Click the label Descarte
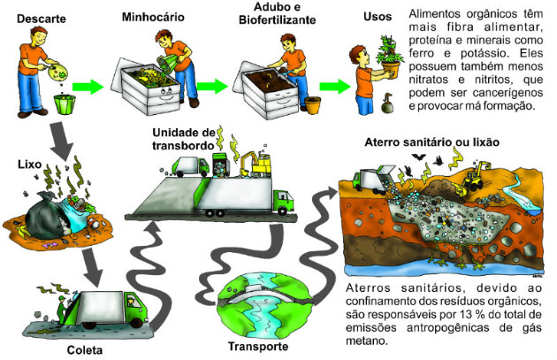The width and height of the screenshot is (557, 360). [x=42, y=19]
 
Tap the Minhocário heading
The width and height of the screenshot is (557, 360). [x=153, y=17]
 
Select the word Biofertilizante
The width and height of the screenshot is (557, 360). [x=277, y=19]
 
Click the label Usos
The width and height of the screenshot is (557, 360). [x=378, y=16]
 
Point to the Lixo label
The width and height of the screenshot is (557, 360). [x=30, y=165]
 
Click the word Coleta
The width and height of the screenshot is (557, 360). [x=85, y=350]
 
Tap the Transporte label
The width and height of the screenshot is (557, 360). [x=258, y=346]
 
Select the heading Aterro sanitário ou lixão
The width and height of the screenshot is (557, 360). [x=432, y=142]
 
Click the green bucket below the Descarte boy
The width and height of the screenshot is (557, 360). [x=65, y=103]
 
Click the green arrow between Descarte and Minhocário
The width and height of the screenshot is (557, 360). [x=88, y=87]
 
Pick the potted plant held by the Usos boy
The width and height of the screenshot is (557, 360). [x=390, y=57]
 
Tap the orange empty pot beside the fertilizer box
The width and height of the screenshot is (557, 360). [x=313, y=105]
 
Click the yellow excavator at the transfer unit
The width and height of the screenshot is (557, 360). [x=255, y=165]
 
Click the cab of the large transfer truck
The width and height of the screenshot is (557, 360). [x=283, y=202]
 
